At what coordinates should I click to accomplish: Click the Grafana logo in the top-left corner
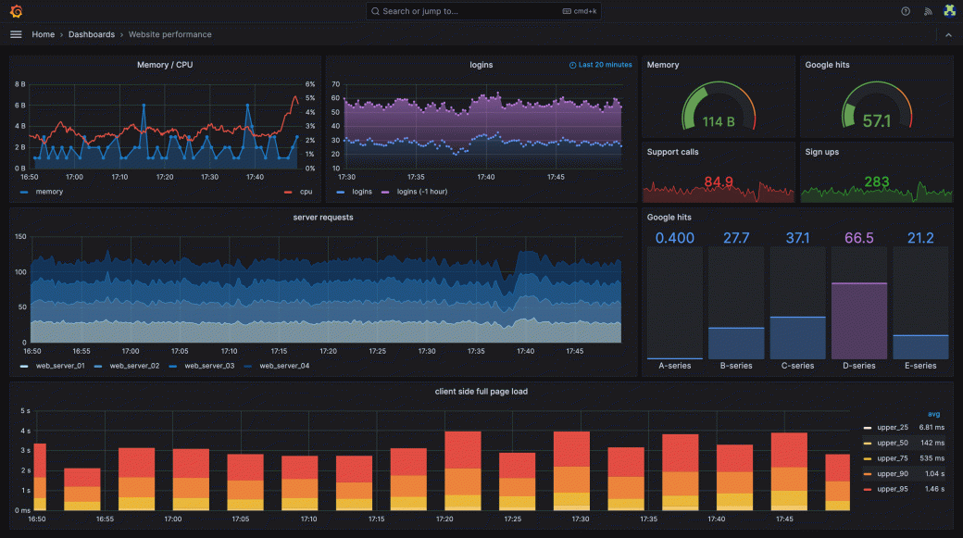coord(16,11)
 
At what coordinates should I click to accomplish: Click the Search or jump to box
coord(482,11)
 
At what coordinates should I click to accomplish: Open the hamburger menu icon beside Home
coord(16,34)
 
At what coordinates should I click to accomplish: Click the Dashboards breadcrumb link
coord(91,34)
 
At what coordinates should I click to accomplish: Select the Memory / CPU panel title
coord(165,65)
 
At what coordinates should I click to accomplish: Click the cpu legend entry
coord(306,192)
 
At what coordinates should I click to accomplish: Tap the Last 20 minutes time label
coord(605,65)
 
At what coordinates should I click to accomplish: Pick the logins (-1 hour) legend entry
coord(421,192)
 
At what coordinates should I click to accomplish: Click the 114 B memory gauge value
coord(718,121)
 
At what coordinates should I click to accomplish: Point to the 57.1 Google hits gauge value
coord(876,121)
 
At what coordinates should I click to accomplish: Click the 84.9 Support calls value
coord(719,181)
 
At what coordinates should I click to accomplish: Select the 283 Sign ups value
coord(876,181)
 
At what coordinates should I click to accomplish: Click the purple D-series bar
coord(858,319)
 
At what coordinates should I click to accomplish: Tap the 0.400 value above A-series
coord(675,238)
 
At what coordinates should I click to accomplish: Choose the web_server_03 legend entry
coord(208,366)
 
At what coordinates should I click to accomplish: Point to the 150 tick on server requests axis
coord(19,237)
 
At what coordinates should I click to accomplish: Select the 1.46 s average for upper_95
coord(932,488)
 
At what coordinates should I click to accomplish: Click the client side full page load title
coord(481,392)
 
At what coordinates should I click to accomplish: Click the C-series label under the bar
coord(797,366)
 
